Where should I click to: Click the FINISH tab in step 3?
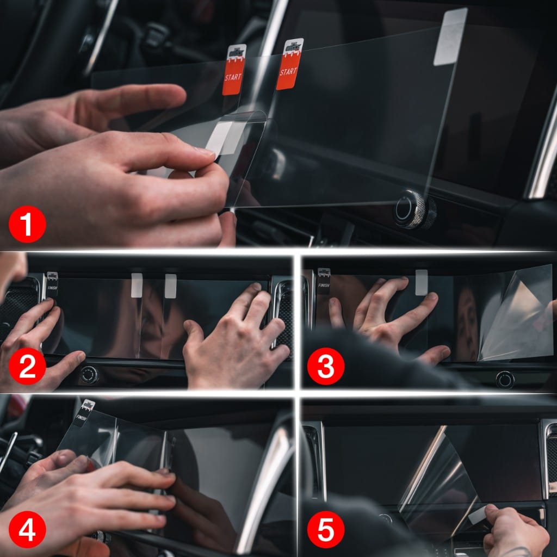[x=324, y=281]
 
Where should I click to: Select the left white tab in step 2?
[x=137, y=285]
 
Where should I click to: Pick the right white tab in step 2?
[x=170, y=286]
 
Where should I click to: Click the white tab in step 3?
[x=421, y=282]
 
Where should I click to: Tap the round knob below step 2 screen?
[x=89, y=375]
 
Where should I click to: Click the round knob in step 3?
[x=505, y=379]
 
